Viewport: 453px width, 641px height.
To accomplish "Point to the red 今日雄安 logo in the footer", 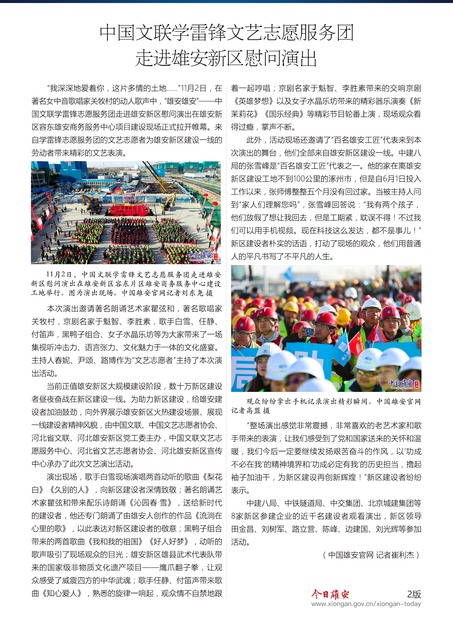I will [330, 594].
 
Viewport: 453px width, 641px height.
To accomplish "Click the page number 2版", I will [414, 594].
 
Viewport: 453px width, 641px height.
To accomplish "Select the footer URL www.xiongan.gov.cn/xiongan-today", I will [366, 604].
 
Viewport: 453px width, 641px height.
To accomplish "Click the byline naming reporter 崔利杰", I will [371, 555].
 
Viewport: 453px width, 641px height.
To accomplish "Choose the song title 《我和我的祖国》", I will [115, 542].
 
